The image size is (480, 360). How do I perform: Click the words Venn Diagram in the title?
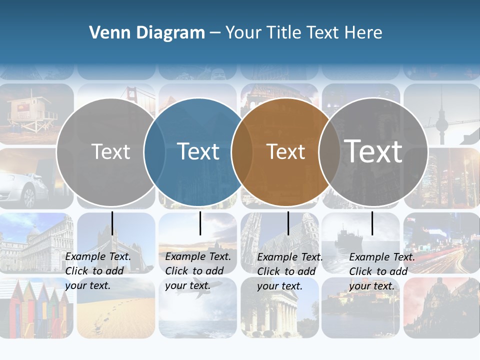(x=147, y=33)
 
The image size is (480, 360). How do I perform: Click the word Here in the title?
(x=364, y=33)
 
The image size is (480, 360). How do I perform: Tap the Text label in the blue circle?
(x=198, y=151)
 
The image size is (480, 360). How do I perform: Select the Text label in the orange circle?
(x=286, y=151)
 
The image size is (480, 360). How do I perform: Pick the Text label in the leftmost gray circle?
(x=111, y=151)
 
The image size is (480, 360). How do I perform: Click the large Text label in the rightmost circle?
(x=373, y=151)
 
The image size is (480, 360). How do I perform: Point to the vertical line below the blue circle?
(x=200, y=223)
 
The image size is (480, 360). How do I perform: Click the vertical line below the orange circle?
(x=288, y=223)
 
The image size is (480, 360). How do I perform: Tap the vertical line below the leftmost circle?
(x=112, y=223)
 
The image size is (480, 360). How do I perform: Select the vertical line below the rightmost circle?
(x=372, y=223)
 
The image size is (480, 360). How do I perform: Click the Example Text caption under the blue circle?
(x=198, y=271)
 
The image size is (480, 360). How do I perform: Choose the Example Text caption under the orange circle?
(x=290, y=271)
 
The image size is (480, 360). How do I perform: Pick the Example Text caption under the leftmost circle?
(x=98, y=271)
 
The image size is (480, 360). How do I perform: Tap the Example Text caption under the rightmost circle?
(x=382, y=271)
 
